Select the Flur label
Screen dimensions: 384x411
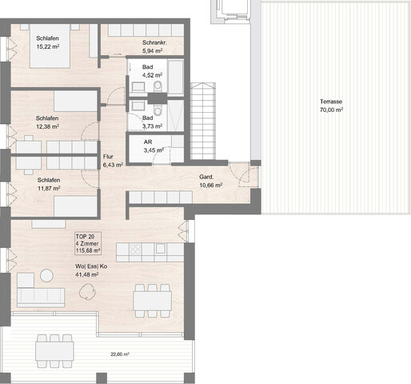(110, 156)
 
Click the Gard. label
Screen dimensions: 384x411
(206, 178)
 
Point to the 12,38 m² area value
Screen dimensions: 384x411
(49, 126)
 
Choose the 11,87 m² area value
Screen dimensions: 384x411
(50, 189)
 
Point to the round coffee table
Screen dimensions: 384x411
(46, 276)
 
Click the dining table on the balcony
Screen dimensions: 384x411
(53, 349)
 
